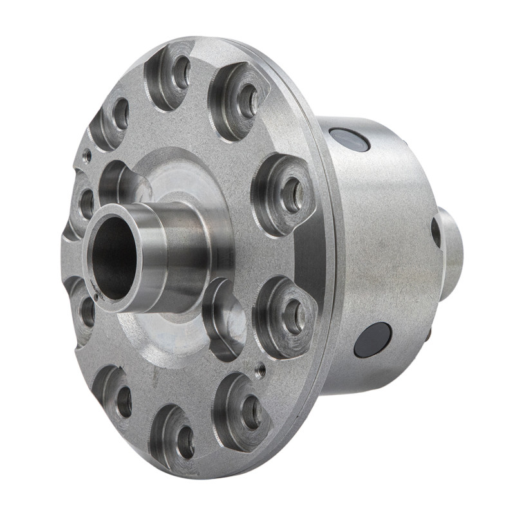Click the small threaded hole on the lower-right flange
coord(260,370)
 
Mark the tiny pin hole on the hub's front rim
coord(95,297)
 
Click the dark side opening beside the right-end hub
coord(436,232)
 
